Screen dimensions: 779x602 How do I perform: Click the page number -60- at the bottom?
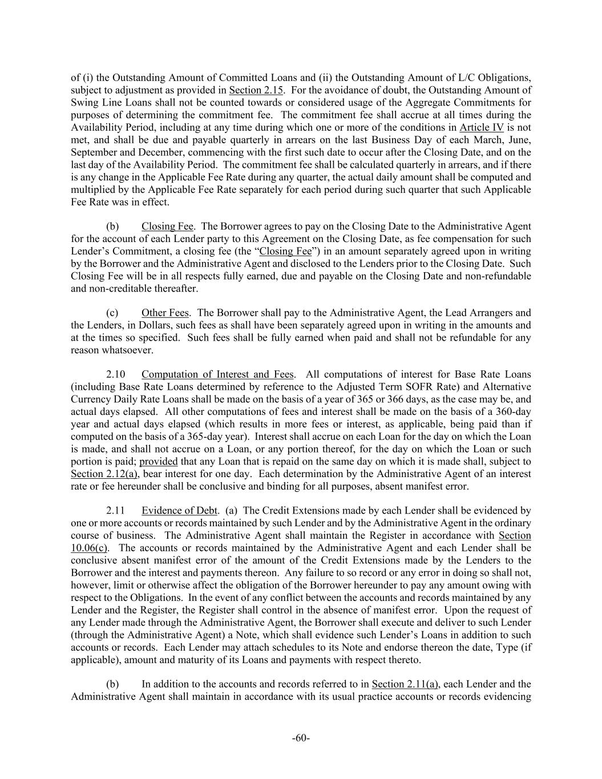coord(301,738)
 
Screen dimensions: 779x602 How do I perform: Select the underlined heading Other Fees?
coord(165,313)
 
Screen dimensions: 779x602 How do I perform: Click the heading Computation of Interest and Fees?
coord(217,374)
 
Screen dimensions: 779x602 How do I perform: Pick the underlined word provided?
coord(158,461)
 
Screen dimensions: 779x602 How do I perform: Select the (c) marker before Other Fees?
coord(112,313)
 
